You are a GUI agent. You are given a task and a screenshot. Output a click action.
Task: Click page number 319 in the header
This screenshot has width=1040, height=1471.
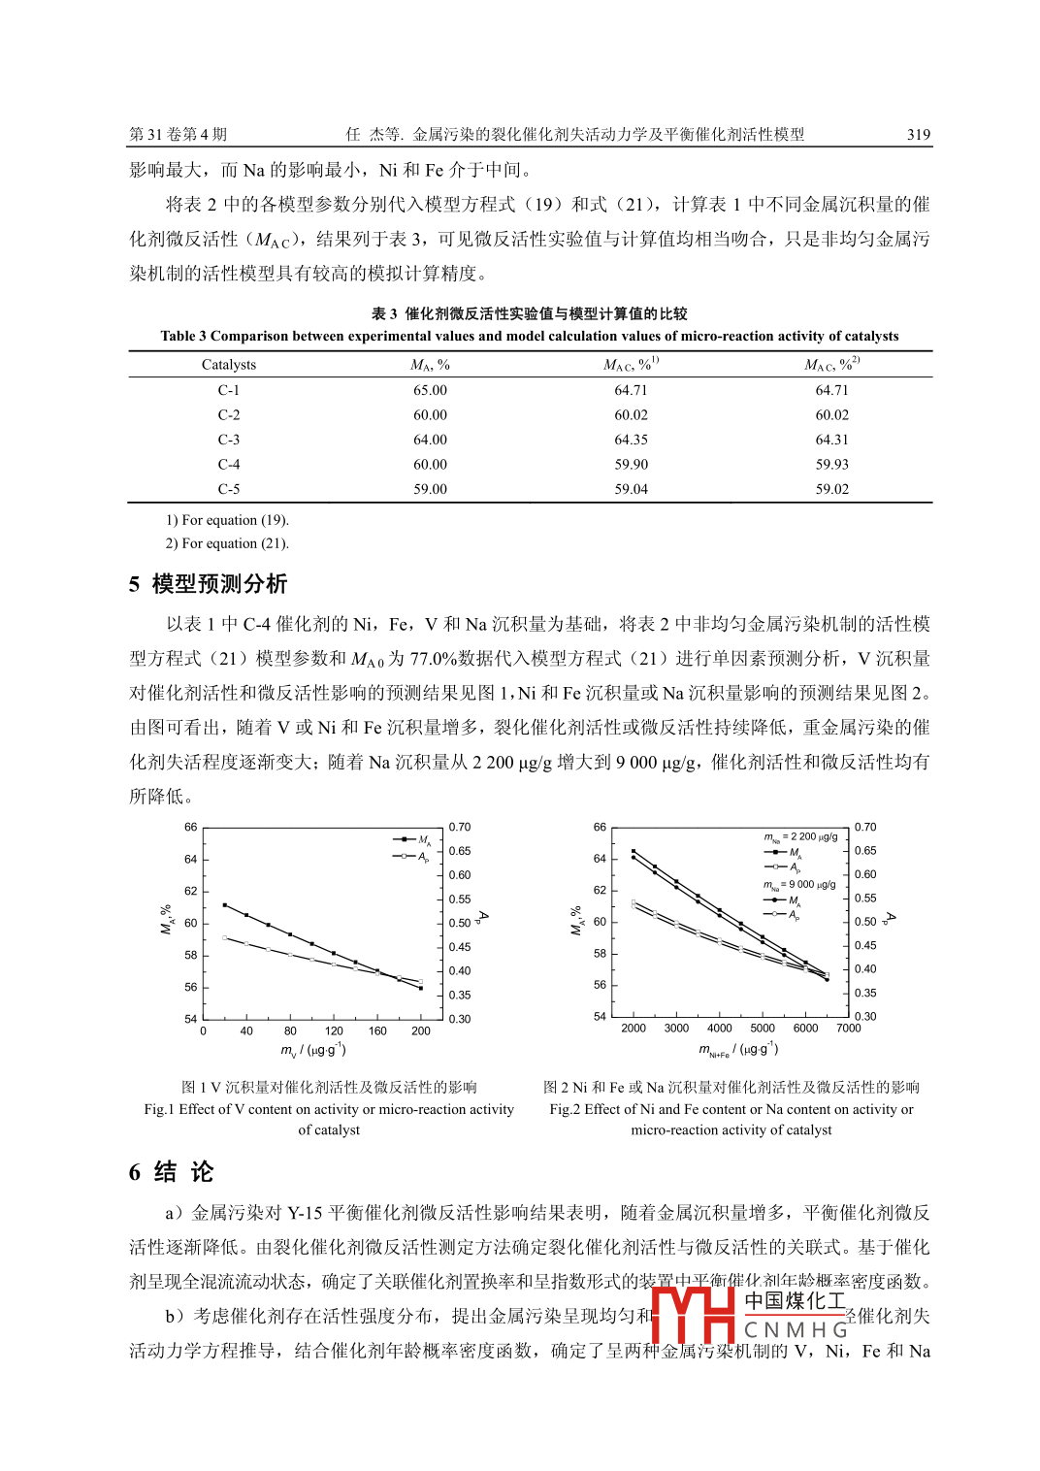pyautogui.click(x=918, y=135)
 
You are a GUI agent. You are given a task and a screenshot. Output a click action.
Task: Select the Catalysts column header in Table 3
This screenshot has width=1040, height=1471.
pyautogui.click(x=229, y=365)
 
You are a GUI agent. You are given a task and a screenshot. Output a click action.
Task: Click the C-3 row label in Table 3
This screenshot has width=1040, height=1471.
pyautogui.click(x=229, y=440)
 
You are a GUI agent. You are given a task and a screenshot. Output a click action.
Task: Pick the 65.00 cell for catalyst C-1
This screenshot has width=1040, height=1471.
pyautogui.click(x=430, y=390)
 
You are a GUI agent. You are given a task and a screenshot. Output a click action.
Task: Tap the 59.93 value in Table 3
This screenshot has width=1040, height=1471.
pyautogui.click(x=831, y=465)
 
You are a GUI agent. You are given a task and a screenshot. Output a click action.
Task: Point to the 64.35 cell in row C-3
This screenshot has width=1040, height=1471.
pyautogui.click(x=631, y=440)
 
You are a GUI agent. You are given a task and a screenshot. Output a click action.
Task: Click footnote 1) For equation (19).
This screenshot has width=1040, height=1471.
pyautogui.click(x=227, y=520)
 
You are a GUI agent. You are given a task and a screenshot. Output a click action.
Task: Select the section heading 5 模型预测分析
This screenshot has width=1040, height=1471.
pyautogui.click(x=209, y=584)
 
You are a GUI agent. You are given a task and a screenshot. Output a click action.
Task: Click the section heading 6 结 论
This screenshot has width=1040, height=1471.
pyautogui.click(x=171, y=1172)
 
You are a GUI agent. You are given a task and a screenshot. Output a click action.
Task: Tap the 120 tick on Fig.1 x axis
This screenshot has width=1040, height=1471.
pyautogui.click(x=334, y=1031)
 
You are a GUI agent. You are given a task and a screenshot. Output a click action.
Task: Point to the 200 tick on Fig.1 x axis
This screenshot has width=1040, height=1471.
pyautogui.click(x=421, y=1031)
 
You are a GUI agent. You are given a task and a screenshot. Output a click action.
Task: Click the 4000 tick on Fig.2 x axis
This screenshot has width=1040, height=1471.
pyautogui.click(x=719, y=1029)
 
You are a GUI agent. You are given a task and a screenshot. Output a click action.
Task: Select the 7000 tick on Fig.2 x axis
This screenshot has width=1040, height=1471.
pyautogui.click(x=848, y=1029)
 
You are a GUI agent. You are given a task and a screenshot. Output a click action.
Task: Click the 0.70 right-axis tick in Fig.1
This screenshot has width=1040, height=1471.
pyautogui.click(x=460, y=828)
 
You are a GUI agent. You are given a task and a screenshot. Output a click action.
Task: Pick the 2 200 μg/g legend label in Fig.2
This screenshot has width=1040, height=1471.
pyautogui.click(x=801, y=836)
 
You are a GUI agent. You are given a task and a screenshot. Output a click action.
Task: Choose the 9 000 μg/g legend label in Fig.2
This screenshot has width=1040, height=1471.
pyautogui.click(x=800, y=885)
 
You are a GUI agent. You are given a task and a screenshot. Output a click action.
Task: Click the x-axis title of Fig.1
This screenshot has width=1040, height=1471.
pyautogui.click(x=313, y=1051)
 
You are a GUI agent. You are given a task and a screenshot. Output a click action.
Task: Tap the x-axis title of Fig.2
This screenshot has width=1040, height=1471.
pyautogui.click(x=738, y=1050)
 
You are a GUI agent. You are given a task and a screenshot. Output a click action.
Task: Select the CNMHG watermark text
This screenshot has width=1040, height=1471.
pyautogui.click(x=796, y=1329)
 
